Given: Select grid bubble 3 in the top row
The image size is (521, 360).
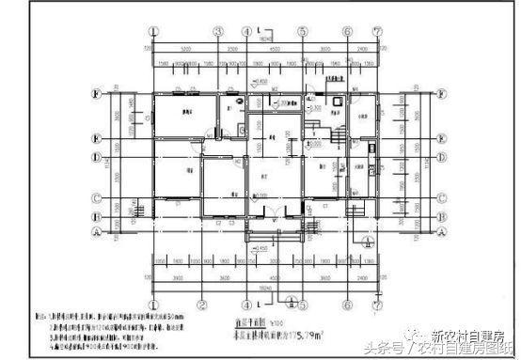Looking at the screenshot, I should coord(218,30).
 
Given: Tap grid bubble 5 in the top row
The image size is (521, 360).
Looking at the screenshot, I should coord(303,30).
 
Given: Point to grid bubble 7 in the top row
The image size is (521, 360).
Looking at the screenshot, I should coord(375,30).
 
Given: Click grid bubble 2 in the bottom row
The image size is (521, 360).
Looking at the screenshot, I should coord(201,305).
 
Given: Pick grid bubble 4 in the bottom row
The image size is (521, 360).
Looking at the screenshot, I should coord(246,305).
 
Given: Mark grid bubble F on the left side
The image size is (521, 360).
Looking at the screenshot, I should coord(97,94).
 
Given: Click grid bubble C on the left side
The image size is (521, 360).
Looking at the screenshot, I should coord(97,197).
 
